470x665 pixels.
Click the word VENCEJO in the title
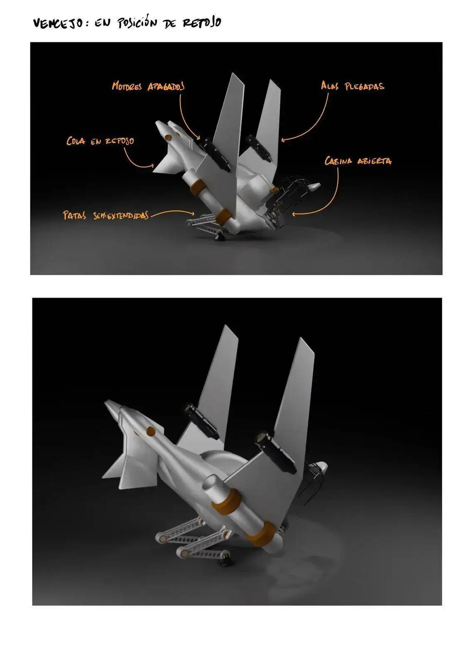58,23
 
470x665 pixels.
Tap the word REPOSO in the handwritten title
202,22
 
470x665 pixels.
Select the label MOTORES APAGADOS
148,86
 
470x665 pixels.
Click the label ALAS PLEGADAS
352,86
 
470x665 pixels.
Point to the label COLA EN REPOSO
100,141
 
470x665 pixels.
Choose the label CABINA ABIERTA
358,160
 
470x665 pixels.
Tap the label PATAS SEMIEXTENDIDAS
105,215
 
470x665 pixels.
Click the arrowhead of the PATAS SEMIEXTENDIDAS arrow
193,213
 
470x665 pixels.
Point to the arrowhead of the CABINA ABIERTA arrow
294,214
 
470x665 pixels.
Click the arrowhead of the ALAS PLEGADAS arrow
283,140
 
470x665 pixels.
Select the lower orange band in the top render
223,215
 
